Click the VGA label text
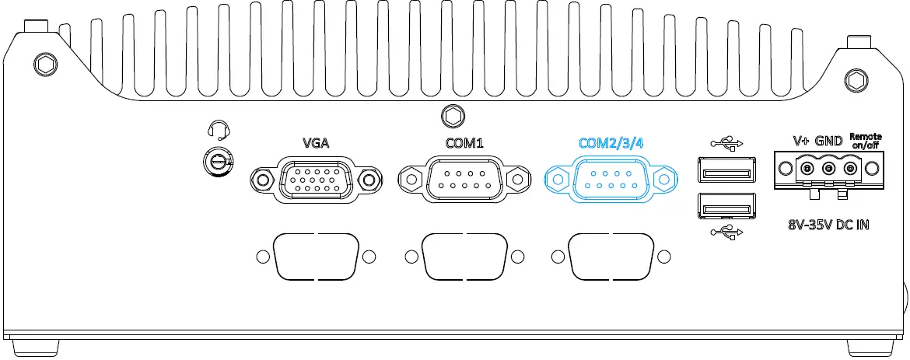(316, 143)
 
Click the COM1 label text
(464, 143)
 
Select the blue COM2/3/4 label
(611, 143)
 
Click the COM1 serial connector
(462, 180)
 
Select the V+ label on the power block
(802, 142)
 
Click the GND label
(829, 142)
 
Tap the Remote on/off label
(866, 141)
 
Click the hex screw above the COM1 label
(450, 116)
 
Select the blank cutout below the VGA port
(314, 256)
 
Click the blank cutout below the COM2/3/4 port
(610, 256)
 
